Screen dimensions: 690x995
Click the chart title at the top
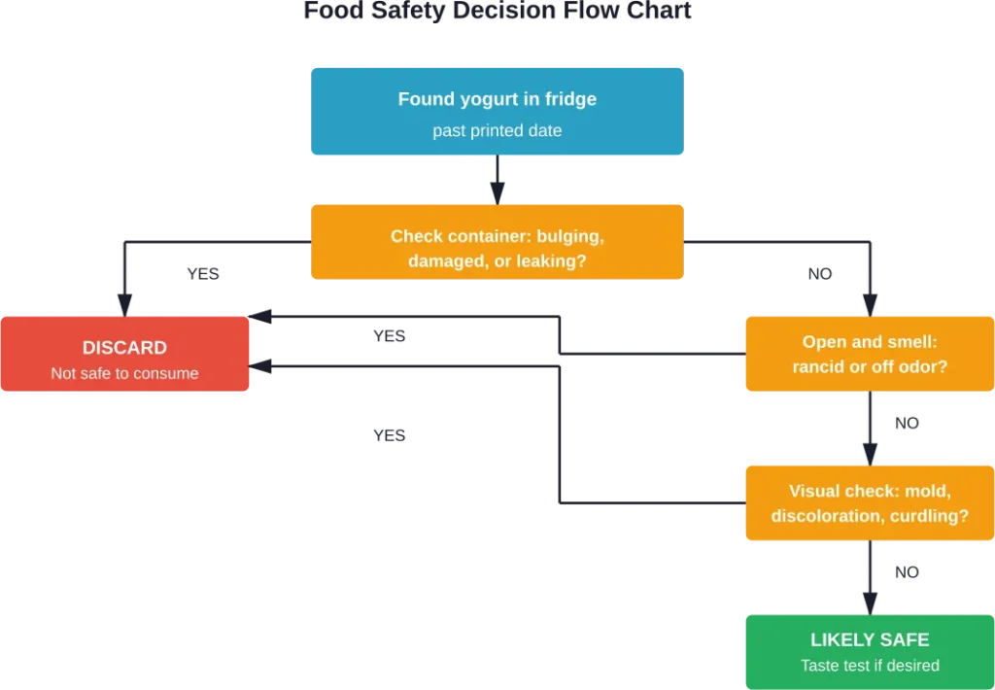point(497,12)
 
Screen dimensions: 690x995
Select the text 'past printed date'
point(497,130)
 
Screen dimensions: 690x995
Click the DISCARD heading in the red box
point(124,348)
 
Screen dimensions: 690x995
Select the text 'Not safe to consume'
point(124,373)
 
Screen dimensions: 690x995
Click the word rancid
point(818,367)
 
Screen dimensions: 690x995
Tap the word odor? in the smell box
point(922,367)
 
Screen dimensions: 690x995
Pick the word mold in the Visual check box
point(930,491)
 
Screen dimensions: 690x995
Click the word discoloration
point(827,516)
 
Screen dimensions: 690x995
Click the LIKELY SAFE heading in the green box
point(870,639)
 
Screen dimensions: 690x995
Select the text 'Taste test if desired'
point(870,666)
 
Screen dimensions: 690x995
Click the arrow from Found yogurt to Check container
point(497,182)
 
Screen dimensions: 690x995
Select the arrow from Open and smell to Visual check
point(870,428)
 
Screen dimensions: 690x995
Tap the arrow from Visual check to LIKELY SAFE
point(870,577)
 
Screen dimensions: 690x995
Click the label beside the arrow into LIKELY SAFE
point(909,573)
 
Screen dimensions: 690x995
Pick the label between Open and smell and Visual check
point(909,424)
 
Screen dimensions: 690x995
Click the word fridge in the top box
point(570,99)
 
